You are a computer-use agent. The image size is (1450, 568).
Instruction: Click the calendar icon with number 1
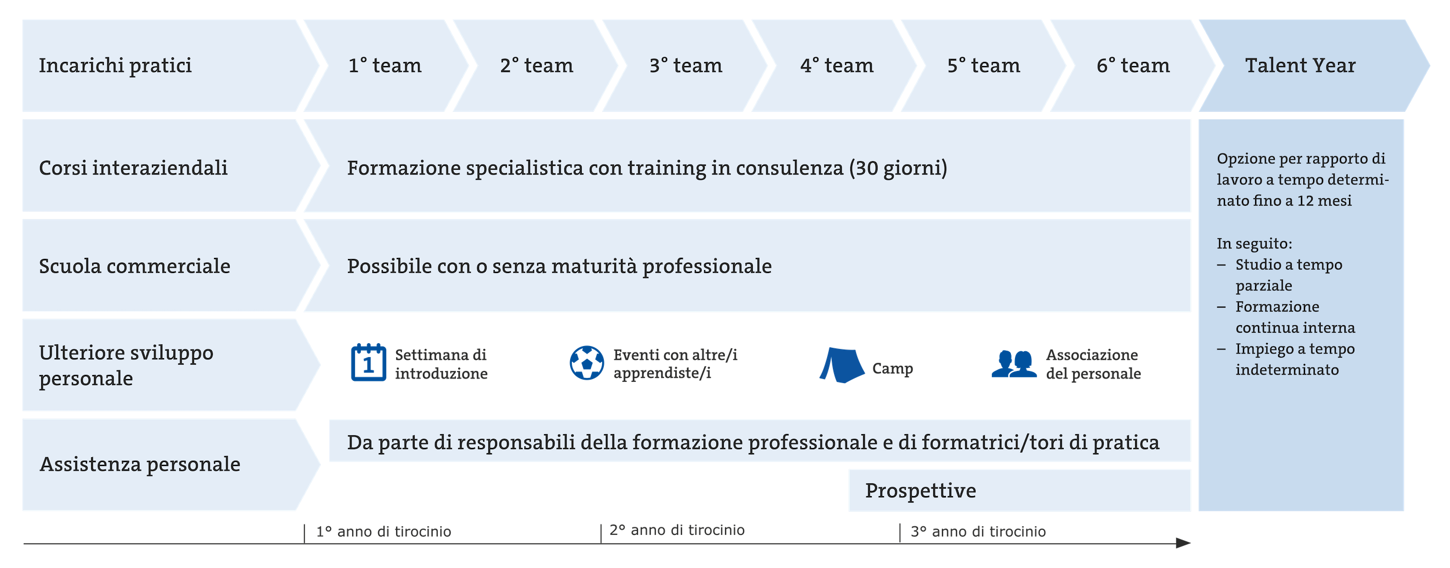coord(368,362)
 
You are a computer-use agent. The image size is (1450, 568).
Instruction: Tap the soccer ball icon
coord(586,363)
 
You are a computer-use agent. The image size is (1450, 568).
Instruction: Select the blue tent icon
coord(842,365)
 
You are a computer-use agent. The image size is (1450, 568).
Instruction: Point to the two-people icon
coord(1014,364)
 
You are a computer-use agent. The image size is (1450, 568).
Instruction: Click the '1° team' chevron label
coord(385,65)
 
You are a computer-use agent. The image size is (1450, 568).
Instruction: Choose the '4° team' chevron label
coord(836,65)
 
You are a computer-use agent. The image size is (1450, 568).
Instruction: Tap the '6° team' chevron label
coord(1133,65)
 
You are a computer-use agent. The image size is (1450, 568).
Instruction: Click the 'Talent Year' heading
coord(1300,65)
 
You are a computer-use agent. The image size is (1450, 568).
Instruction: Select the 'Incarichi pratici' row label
coord(115,66)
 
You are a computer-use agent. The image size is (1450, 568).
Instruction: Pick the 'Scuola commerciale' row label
coord(135,266)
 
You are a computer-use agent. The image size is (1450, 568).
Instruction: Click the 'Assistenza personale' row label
coord(140,464)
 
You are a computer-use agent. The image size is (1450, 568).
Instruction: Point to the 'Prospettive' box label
coord(920,491)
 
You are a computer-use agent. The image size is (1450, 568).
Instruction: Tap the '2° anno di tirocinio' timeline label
coord(677,530)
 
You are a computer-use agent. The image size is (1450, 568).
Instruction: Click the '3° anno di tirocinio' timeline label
coord(978,532)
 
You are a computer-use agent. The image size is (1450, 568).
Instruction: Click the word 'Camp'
coord(893,369)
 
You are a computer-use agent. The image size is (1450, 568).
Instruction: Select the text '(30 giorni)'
coord(898,168)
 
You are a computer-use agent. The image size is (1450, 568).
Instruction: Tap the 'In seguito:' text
coord(1255,244)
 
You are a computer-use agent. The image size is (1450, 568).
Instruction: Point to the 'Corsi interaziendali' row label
coord(133,168)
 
